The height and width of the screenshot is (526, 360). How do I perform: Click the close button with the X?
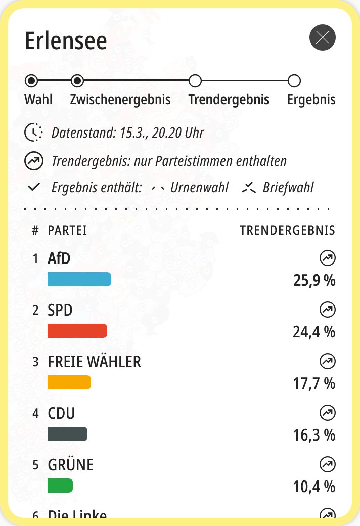[322, 37]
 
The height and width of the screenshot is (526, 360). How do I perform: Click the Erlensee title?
[66, 40]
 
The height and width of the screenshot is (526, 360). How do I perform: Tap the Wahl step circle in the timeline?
[31, 80]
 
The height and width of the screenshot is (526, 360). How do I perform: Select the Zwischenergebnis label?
[120, 99]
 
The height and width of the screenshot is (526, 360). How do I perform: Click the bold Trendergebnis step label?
[229, 99]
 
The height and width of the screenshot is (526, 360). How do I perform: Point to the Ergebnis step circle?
[294, 80]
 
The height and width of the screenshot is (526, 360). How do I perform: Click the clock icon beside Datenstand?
[33, 133]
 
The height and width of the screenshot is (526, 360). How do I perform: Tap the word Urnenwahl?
[199, 188]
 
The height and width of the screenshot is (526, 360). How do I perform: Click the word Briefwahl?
[288, 188]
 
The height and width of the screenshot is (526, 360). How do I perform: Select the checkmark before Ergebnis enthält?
[34, 188]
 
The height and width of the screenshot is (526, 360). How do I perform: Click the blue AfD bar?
[79, 279]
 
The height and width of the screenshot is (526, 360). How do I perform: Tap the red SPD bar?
[77, 331]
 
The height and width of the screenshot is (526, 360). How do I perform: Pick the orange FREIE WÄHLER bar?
[69, 382]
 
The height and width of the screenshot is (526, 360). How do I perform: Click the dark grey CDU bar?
[67, 434]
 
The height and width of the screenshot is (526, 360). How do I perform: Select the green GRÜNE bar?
[60, 486]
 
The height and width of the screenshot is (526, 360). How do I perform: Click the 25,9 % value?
[314, 280]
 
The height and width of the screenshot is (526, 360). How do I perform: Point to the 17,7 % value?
[314, 383]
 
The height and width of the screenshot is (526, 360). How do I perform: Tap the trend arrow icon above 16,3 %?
[328, 413]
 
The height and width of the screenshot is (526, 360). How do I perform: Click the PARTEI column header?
[67, 231]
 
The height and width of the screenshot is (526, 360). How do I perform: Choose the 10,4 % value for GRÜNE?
[314, 487]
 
